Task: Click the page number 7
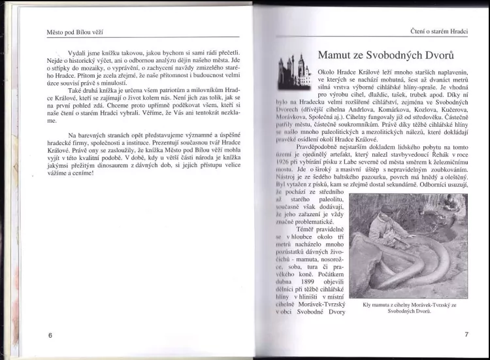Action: click(466, 335)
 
